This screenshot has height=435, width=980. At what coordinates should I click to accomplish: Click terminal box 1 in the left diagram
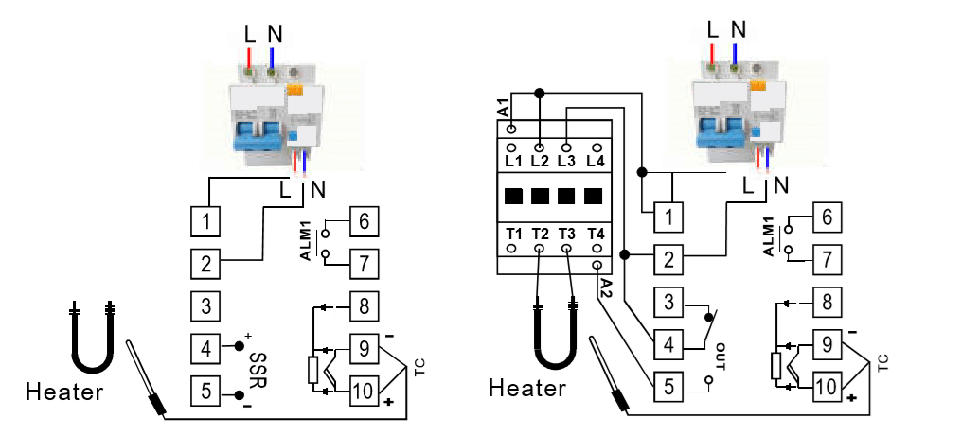point(205,222)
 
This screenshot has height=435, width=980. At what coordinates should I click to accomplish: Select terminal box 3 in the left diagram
point(205,305)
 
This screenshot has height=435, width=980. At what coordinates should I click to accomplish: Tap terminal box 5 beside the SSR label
point(205,389)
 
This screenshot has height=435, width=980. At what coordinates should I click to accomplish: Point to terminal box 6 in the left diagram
point(364,222)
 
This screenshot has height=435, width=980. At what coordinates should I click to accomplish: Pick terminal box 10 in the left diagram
point(364,389)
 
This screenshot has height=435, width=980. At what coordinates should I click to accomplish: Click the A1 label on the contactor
point(503,106)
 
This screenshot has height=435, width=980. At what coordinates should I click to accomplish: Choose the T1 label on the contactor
point(512,234)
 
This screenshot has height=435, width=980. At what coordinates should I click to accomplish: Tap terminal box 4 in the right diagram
point(669,343)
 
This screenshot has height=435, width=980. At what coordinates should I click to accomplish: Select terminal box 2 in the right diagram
point(669,260)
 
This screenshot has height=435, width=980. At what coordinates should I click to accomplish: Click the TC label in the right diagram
point(882,362)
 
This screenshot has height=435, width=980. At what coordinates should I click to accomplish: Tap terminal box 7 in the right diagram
point(828,258)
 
